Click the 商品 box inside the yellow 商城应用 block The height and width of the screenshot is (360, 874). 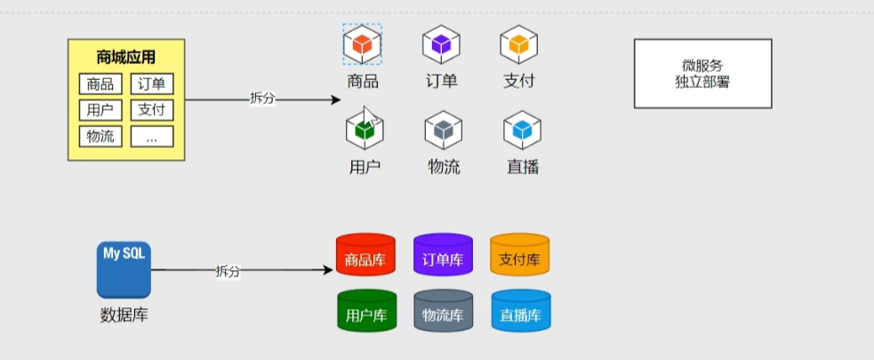pyautogui.click(x=100, y=84)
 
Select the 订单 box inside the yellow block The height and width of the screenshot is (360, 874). pyautogui.click(x=152, y=84)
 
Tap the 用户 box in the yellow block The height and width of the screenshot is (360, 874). pyautogui.click(x=100, y=110)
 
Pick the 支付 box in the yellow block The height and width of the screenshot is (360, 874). pyautogui.click(x=152, y=110)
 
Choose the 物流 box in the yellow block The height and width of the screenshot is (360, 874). pyautogui.click(x=100, y=137)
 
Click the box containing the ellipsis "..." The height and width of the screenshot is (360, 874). pyautogui.click(x=152, y=137)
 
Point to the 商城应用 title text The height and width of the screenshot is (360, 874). pyautogui.click(x=126, y=58)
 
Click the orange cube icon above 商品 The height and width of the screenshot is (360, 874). pyautogui.click(x=363, y=44)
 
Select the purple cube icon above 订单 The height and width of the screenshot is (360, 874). pyautogui.click(x=441, y=44)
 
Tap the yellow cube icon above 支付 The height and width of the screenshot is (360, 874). pyautogui.click(x=518, y=44)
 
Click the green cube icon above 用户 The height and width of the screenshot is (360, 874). pyautogui.click(x=364, y=130)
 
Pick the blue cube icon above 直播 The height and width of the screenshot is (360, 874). pyautogui.click(x=522, y=130)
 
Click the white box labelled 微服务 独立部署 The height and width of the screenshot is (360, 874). pyautogui.click(x=702, y=74)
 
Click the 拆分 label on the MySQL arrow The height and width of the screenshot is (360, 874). pyautogui.click(x=228, y=271)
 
